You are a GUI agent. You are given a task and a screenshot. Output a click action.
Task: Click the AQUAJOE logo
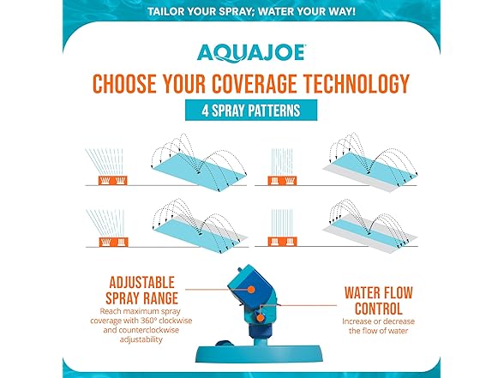coord(251,53)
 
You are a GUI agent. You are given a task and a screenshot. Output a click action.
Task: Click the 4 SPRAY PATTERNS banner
coord(252,111)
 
